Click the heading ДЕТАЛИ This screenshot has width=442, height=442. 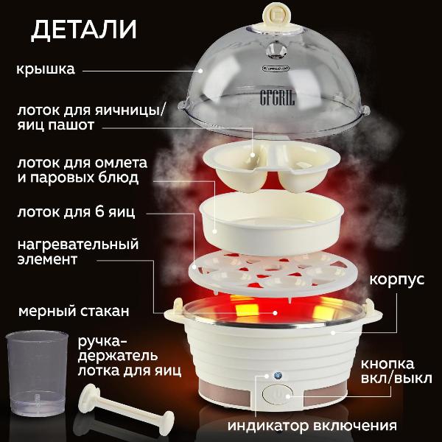tap(84, 30)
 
